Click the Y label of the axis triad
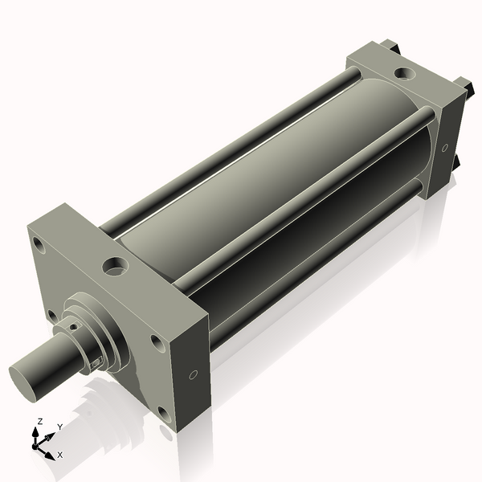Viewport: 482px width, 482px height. coord(59,427)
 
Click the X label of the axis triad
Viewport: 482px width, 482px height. coord(60,455)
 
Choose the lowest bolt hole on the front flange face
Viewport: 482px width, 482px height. coord(163,415)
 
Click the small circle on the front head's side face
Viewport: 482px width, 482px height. coord(193,375)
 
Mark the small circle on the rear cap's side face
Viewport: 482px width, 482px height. coord(444,148)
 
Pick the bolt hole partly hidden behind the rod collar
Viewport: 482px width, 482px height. coord(51,314)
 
